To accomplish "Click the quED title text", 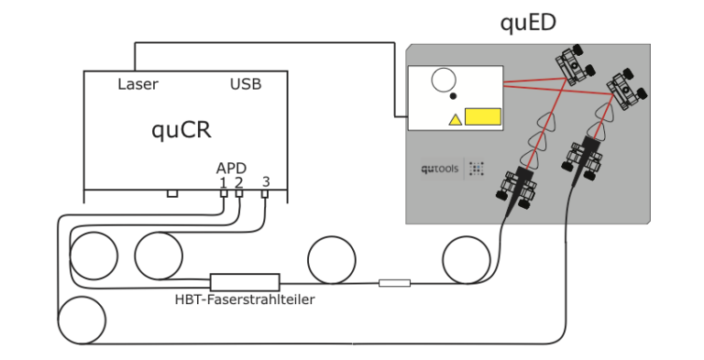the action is pos(528,23).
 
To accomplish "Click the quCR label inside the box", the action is pos(181,130).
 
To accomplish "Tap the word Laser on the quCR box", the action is pos(137,84).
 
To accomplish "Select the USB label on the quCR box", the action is pos(246,84).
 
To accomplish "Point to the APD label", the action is pos(231,169).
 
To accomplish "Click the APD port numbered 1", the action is pos(224,193).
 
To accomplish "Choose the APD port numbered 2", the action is pos(239,193).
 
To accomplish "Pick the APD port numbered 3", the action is pos(265,193).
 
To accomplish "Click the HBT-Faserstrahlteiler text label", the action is pos(245,300).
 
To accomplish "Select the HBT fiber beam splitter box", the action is pos(245,282).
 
